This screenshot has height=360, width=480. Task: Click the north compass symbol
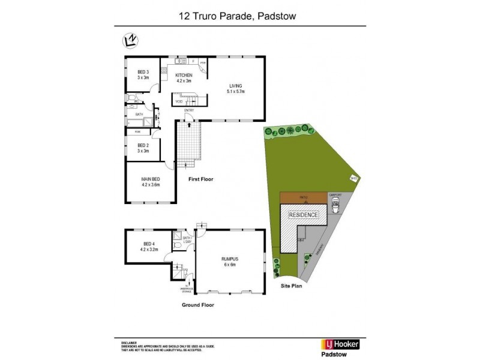tap(129, 41)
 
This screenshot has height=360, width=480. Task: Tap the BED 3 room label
tap(142, 75)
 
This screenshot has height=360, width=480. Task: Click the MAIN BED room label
tap(150, 181)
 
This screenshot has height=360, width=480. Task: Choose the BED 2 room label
tap(142, 148)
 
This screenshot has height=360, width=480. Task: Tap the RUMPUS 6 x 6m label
tap(230, 261)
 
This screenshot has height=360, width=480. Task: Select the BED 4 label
tap(149, 245)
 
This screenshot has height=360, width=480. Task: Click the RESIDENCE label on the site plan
tap(304, 215)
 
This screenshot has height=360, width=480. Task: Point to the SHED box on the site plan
tap(354, 177)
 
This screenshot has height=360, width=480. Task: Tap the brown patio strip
tap(303, 197)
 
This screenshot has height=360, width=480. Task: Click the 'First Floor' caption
tap(200, 179)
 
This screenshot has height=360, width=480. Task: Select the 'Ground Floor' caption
tap(197, 305)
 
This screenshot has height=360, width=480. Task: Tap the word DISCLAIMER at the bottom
tap(129, 340)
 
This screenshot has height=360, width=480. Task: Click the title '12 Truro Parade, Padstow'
tap(239, 17)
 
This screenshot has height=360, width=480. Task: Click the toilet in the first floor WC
tap(131, 98)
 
